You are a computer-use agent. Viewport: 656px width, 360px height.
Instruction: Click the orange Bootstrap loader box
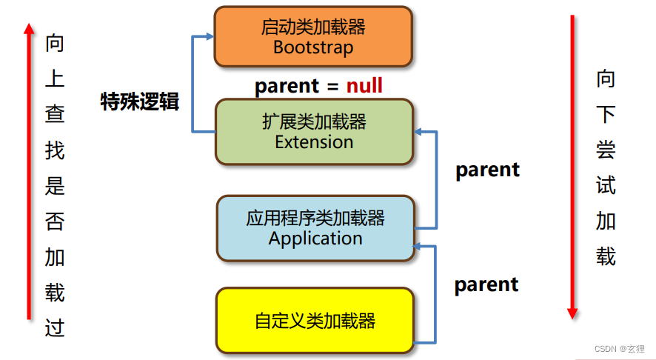(312, 36)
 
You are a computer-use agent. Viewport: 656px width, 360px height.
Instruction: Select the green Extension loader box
(313, 131)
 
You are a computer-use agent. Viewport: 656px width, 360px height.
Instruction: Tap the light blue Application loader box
(315, 228)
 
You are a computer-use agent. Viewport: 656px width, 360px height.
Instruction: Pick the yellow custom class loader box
(314, 320)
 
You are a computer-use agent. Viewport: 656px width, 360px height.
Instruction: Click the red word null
(364, 86)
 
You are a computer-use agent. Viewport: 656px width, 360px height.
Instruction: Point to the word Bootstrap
(312, 47)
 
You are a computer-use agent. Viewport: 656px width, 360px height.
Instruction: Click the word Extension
(314, 141)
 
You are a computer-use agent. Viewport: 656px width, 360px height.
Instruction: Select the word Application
(315, 239)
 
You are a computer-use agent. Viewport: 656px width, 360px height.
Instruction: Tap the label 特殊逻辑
(140, 102)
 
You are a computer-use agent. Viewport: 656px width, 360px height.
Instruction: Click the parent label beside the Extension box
(487, 170)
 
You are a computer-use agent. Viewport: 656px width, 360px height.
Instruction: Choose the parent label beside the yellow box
(486, 284)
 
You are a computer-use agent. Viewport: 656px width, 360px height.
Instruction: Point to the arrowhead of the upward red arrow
(29, 29)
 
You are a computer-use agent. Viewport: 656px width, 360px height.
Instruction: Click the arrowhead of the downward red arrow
(572, 313)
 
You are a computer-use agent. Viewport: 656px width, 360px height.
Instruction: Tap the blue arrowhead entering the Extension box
(418, 132)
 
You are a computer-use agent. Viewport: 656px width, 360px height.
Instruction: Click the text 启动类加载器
(313, 27)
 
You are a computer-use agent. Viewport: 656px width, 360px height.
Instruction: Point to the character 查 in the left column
(55, 113)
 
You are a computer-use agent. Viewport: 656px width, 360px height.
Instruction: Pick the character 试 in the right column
(606, 185)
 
